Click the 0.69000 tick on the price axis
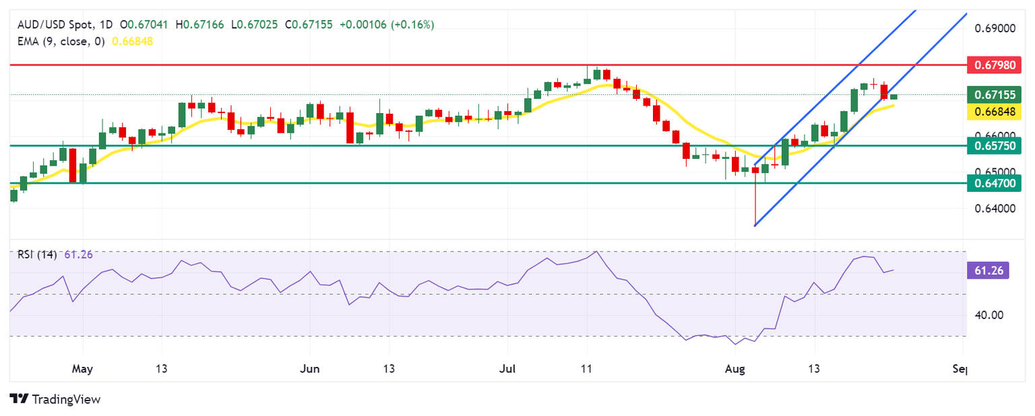[x=994, y=29]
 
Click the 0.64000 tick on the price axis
[x=994, y=209]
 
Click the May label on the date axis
[x=82, y=370]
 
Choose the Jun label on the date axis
[x=309, y=370]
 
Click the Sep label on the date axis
[x=962, y=370]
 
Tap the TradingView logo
[x=55, y=399]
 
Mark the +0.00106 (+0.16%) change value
[x=387, y=25]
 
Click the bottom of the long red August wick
[x=755, y=225]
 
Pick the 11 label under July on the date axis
[x=587, y=370]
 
